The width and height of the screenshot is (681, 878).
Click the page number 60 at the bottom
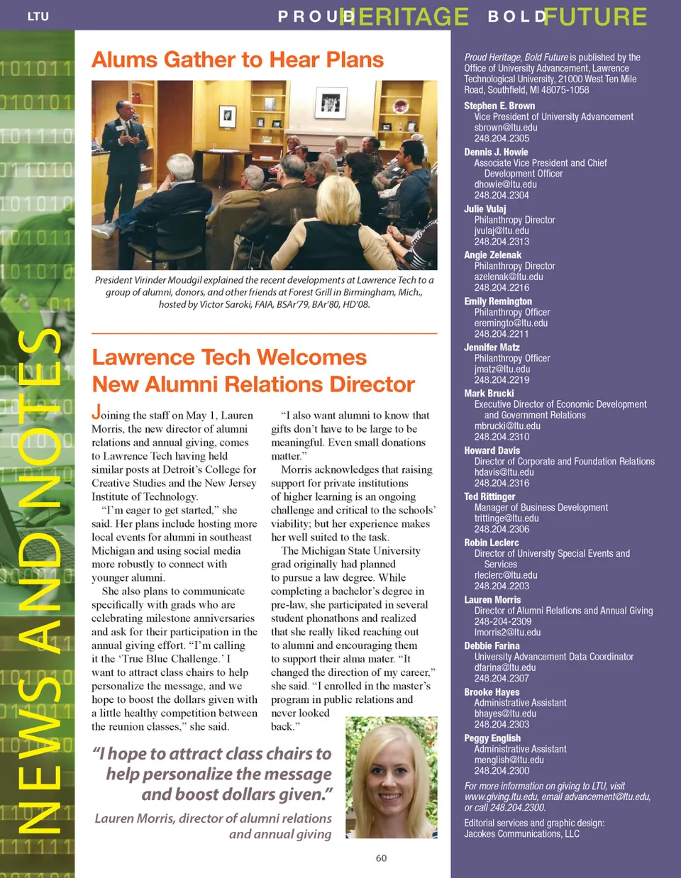[x=381, y=858]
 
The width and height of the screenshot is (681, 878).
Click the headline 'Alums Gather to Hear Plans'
[x=238, y=60]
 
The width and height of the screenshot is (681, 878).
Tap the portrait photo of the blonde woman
[x=391, y=777]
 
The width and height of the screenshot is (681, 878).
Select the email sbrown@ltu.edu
[x=505, y=128]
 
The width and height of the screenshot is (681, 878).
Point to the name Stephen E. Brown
[x=499, y=106]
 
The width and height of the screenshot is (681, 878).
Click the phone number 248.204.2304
[x=502, y=195]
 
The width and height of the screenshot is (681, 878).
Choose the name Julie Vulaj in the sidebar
[x=485, y=209]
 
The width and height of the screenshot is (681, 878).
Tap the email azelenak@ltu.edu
[x=508, y=277]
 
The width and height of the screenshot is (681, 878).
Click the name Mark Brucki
[x=489, y=394]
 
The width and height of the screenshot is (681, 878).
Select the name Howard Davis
[x=492, y=450]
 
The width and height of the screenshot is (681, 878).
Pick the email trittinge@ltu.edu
[x=506, y=518]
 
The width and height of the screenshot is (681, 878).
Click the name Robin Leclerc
[x=492, y=543]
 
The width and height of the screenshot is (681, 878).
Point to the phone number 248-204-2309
[x=503, y=621]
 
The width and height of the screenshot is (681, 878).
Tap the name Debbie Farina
[x=492, y=646]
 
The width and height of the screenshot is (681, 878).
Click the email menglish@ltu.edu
[x=509, y=760]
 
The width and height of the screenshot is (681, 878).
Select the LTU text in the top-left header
[x=38, y=16]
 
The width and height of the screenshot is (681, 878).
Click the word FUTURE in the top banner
[x=595, y=16]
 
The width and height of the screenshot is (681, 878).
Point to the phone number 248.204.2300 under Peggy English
[x=502, y=770]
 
